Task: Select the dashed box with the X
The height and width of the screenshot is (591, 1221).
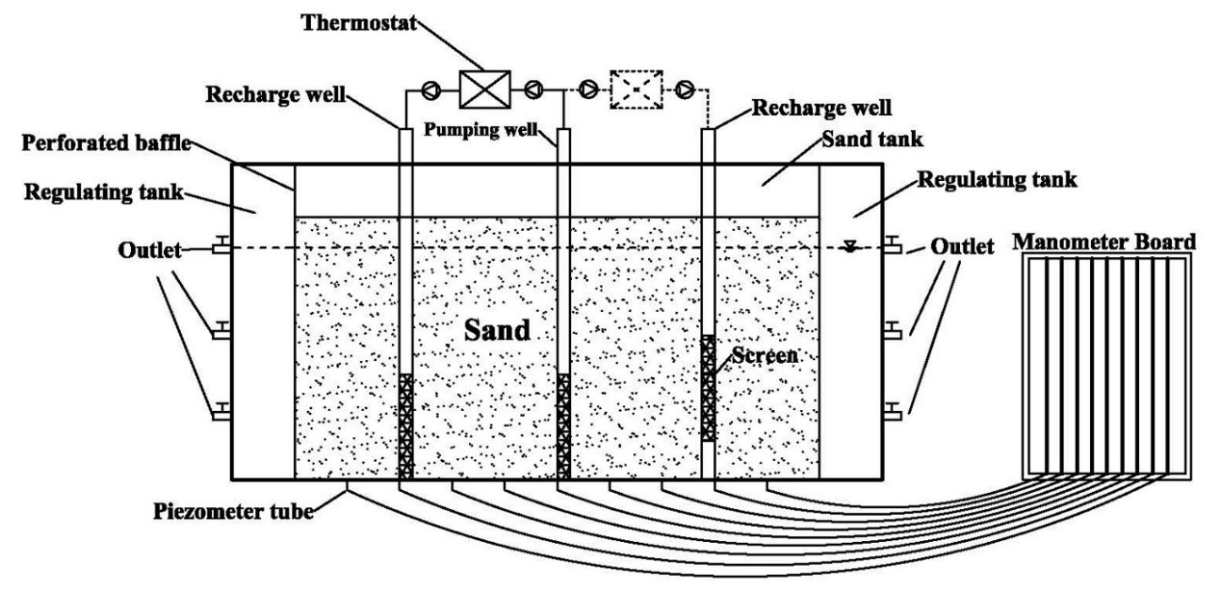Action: (x=636, y=90)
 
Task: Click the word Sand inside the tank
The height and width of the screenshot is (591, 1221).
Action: (x=497, y=330)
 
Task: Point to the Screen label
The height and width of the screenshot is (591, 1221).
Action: (x=765, y=355)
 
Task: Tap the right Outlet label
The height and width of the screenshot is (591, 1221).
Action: (x=962, y=247)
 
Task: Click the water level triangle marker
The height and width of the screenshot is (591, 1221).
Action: (x=848, y=245)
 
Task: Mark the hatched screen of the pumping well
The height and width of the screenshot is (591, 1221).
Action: (x=563, y=424)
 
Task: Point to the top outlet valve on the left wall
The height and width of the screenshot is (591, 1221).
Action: (x=221, y=247)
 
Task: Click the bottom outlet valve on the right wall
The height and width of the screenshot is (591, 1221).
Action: (x=892, y=414)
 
